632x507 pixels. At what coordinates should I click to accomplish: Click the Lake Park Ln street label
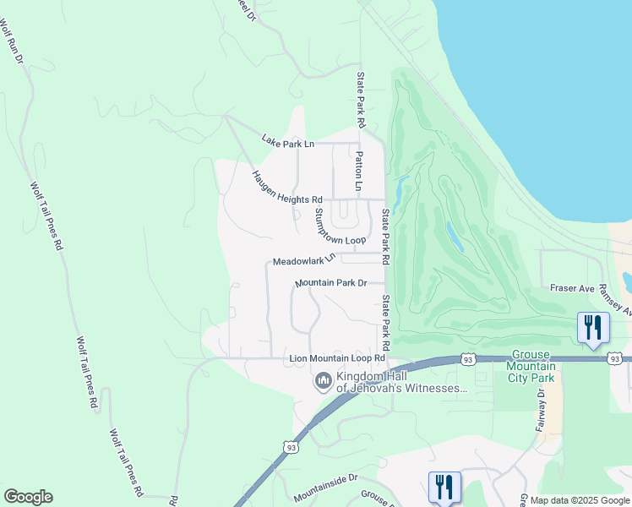click(287, 141)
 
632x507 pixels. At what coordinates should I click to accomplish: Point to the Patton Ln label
click(359, 171)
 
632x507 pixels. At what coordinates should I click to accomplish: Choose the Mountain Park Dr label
click(331, 283)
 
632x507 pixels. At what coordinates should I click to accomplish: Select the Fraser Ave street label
click(574, 288)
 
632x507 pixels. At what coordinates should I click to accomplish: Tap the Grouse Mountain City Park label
click(531, 366)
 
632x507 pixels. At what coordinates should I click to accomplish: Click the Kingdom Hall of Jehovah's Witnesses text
click(401, 382)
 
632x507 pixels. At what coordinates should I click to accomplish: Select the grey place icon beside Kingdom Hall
click(323, 382)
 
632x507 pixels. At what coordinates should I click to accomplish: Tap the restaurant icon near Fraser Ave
click(593, 328)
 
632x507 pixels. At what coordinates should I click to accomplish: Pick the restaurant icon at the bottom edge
click(444, 486)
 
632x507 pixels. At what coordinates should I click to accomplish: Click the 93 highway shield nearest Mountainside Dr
click(291, 446)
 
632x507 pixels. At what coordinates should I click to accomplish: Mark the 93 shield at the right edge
click(615, 359)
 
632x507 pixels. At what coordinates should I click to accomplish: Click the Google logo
click(28, 497)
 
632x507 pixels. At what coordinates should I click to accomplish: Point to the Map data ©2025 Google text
click(580, 500)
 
